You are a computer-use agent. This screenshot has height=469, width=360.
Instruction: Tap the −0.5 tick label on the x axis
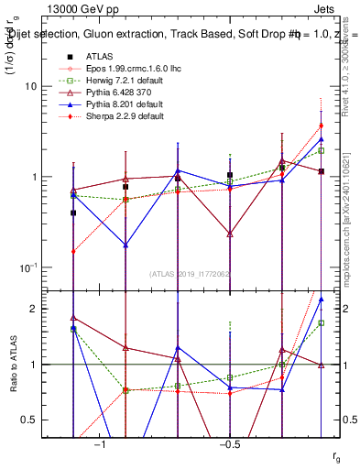click(x=229, y=444)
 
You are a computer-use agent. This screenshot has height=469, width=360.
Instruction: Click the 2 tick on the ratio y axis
click(x=41, y=309)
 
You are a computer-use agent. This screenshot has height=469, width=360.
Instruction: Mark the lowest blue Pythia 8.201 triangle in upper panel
click(x=125, y=245)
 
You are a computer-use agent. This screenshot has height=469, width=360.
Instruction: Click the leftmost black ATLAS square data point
click(x=73, y=213)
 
